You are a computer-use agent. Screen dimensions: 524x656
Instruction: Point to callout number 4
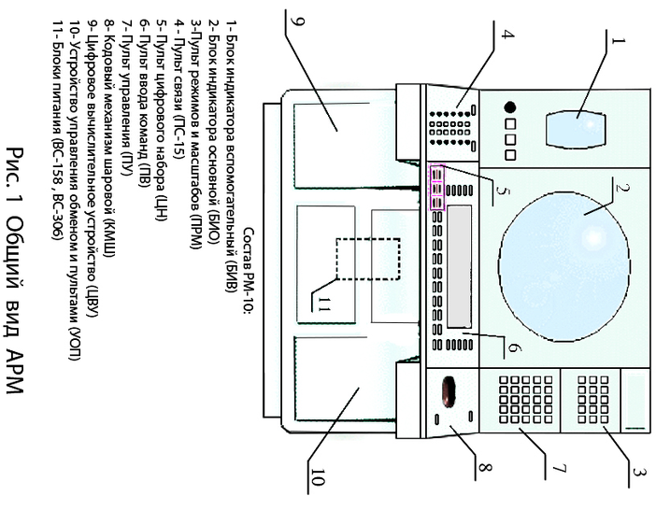click(x=507, y=36)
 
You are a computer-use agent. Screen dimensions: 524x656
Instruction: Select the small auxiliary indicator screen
click(x=579, y=128)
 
